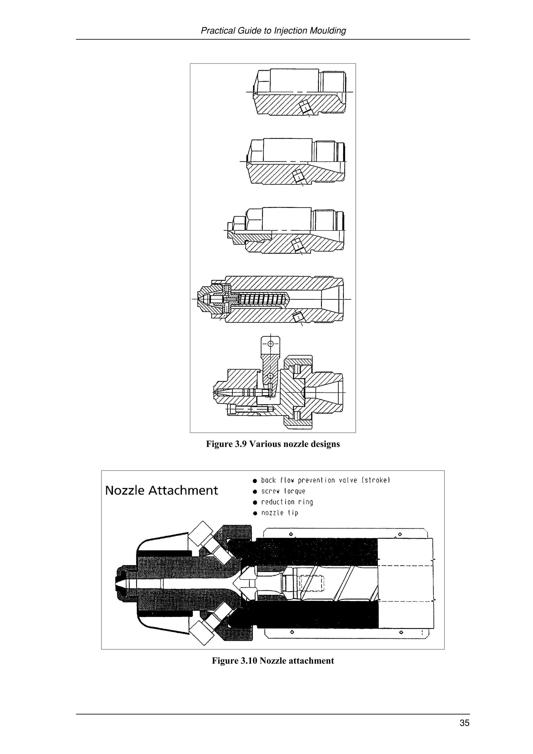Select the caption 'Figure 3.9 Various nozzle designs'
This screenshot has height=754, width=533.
pyautogui.click(x=272, y=444)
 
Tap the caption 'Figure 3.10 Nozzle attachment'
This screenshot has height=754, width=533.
pyautogui.click(x=272, y=661)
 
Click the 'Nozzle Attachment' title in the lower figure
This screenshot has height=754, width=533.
pyautogui.click(x=161, y=491)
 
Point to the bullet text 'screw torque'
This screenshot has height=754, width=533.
pyautogui.click(x=283, y=491)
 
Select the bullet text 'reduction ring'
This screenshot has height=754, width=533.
pyautogui.click(x=287, y=502)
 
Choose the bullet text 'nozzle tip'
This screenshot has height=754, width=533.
pyautogui.click(x=280, y=513)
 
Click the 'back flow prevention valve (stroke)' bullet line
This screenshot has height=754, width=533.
pyautogui.click(x=325, y=481)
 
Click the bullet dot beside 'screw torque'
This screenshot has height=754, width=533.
pyautogui.click(x=255, y=492)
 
